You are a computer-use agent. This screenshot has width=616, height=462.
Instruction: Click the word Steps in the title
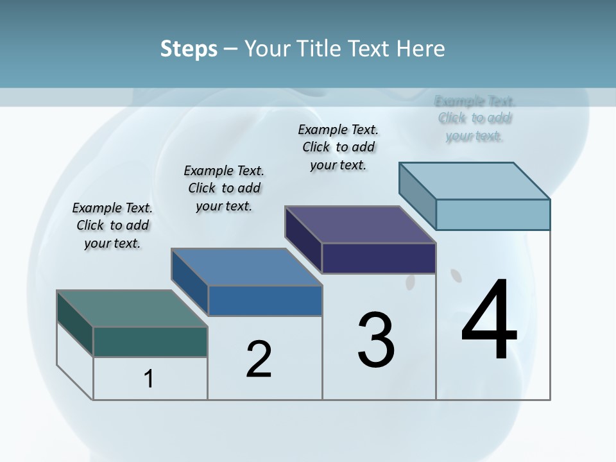click(x=189, y=49)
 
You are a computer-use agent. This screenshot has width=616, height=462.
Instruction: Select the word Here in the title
click(x=421, y=49)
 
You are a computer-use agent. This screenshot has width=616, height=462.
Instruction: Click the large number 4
click(x=489, y=321)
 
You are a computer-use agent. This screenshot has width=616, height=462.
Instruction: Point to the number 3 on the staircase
click(x=376, y=340)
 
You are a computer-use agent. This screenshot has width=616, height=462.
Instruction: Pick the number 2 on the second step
click(x=259, y=359)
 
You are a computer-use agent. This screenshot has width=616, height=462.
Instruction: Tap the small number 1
click(x=149, y=379)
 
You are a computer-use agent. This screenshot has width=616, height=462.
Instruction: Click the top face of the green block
click(x=132, y=309)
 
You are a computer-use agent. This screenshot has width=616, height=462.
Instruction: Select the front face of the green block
click(x=150, y=341)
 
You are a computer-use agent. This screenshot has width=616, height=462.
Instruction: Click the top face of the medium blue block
click(x=246, y=267)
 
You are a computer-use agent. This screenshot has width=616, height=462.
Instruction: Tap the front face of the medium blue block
click(x=265, y=300)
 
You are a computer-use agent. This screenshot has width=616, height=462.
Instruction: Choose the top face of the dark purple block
click(x=360, y=225)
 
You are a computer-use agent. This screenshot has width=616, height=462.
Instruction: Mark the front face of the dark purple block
click(x=379, y=258)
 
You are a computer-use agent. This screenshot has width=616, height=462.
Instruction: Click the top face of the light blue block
click(x=474, y=181)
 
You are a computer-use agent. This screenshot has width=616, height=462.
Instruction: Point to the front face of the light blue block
click(x=493, y=214)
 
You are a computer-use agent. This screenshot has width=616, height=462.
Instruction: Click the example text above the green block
click(x=112, y=225)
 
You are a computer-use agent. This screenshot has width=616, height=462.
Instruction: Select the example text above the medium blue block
click(x=224, y=188)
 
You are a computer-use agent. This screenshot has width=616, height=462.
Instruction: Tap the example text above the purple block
click(x=338, y=147)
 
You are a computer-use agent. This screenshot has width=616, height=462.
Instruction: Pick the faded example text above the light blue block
click(x=475, y=118)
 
